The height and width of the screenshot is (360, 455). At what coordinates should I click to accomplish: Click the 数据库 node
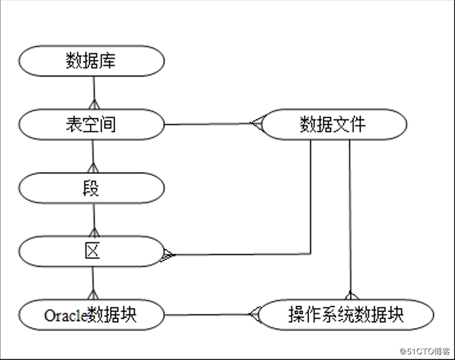point(91,61)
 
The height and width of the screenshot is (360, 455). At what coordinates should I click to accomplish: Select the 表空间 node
point(91,124)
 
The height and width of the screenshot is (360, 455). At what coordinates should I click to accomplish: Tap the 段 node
point(91,188)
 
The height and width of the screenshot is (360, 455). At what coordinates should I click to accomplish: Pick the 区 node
point(91,251)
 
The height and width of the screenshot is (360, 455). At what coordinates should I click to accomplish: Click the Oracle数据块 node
point(91,315)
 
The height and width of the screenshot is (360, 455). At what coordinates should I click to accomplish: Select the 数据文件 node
point(334,124)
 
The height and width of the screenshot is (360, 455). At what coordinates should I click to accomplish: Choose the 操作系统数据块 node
point(346,315)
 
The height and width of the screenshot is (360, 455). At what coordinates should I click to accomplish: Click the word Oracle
point(66,316)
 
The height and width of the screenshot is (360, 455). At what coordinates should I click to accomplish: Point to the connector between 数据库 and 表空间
point(93,92)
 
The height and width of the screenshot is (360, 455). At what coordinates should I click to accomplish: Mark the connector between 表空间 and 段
point(93,156)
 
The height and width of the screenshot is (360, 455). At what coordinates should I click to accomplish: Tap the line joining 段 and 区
point(93,220)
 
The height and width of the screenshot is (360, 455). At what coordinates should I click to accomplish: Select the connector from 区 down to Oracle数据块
point(93,283)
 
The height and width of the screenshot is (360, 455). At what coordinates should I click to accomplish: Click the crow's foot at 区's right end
point(168,255)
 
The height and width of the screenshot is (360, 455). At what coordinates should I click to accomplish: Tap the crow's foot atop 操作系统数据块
point(351,295)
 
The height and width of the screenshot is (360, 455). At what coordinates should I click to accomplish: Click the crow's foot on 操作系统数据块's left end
point(255,314)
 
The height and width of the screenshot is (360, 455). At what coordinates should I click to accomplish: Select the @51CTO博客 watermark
point(425,351)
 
